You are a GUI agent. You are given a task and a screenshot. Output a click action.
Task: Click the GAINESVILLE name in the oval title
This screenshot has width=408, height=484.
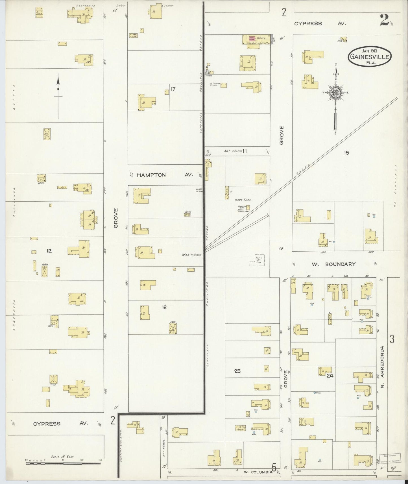370,56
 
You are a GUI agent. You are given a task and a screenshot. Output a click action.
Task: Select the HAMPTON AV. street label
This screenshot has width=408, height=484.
165,175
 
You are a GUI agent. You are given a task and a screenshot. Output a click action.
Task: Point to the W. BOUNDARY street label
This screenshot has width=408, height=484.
333,264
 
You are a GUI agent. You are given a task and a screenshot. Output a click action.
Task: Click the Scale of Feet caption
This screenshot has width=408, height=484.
62,457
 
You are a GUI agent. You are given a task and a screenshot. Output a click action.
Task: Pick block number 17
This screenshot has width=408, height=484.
173,89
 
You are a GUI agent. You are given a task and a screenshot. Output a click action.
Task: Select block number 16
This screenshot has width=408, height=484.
164,307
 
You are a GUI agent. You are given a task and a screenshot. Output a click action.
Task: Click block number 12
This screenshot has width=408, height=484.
49,250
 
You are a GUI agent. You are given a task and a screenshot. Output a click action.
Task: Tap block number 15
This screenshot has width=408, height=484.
346,153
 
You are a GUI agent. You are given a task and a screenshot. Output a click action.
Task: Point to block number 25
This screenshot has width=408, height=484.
237,371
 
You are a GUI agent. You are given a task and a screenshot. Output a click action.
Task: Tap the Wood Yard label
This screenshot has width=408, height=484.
243,200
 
